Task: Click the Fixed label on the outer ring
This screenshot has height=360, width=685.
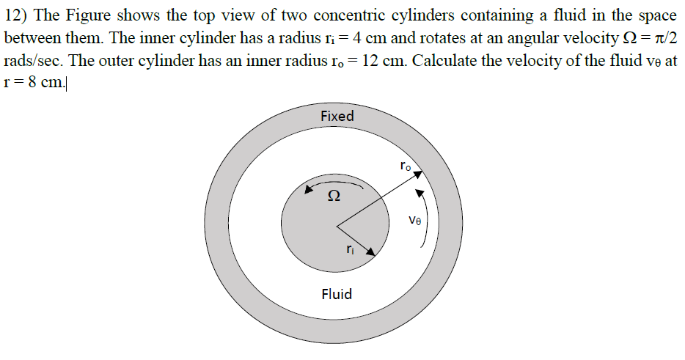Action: (x=337, y=116)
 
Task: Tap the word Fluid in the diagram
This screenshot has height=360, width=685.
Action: (x=337, y=294)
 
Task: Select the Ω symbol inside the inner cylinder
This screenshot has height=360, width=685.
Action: (x=334, y=196)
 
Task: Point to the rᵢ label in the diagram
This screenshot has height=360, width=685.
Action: (x=351, y=249)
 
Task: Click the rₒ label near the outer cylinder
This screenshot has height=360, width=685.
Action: (x=406, y=166)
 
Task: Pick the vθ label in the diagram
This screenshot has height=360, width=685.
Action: (x=414, y=219)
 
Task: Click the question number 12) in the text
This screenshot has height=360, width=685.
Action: (x=15, y=17)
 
